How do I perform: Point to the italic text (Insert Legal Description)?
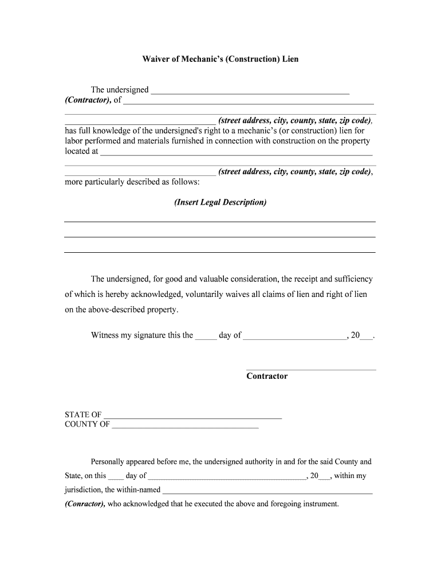(220, 202)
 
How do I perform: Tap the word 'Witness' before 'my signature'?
(104, 335)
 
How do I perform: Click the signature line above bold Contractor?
(311, 369)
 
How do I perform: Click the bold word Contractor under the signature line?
(267, 377)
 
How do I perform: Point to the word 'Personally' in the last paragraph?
(108, 461)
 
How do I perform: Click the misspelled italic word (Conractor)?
(85, 504)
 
